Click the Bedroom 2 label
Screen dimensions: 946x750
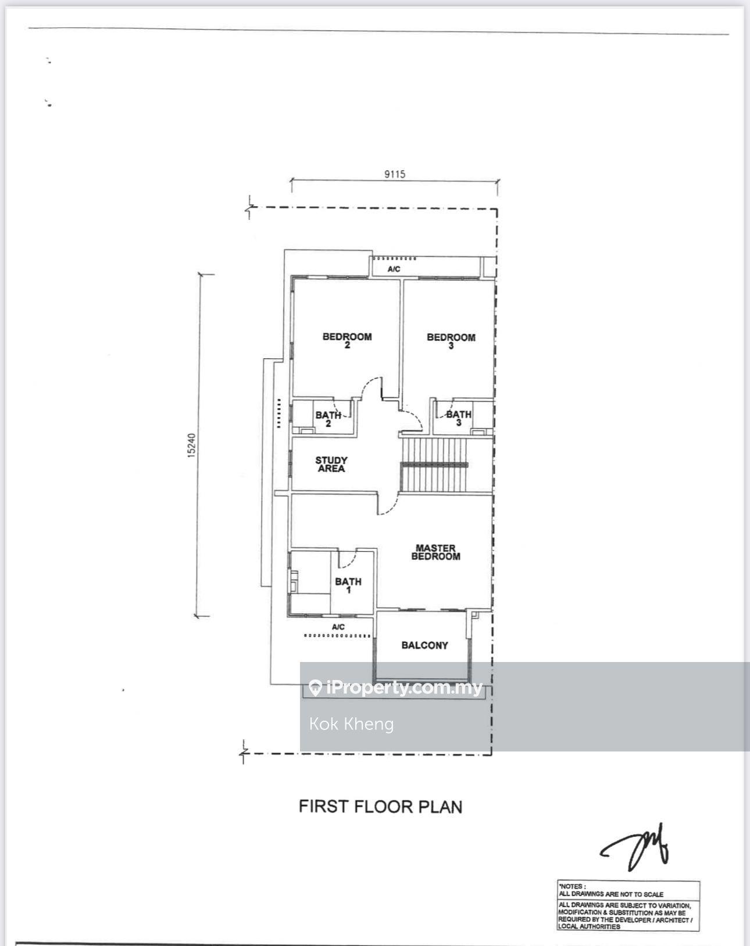pos(347,340)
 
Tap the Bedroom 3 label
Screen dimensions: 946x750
pos(451,341)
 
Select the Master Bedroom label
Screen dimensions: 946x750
pos(436,552)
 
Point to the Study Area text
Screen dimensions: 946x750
pos(331,464)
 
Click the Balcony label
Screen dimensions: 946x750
pos(424,645)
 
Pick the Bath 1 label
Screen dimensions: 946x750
pos(348,585)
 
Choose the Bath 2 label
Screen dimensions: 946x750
pos(328,419)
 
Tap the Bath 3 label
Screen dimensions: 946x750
pos(459,418)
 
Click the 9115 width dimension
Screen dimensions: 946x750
pos(395,174)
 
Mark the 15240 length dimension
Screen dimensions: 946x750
pos(192,445)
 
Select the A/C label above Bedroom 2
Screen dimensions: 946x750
pos(394,269)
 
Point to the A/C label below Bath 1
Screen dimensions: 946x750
pos(338,627)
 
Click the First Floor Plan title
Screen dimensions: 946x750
pos(380,806)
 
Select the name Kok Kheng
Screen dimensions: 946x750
pos(351,724)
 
